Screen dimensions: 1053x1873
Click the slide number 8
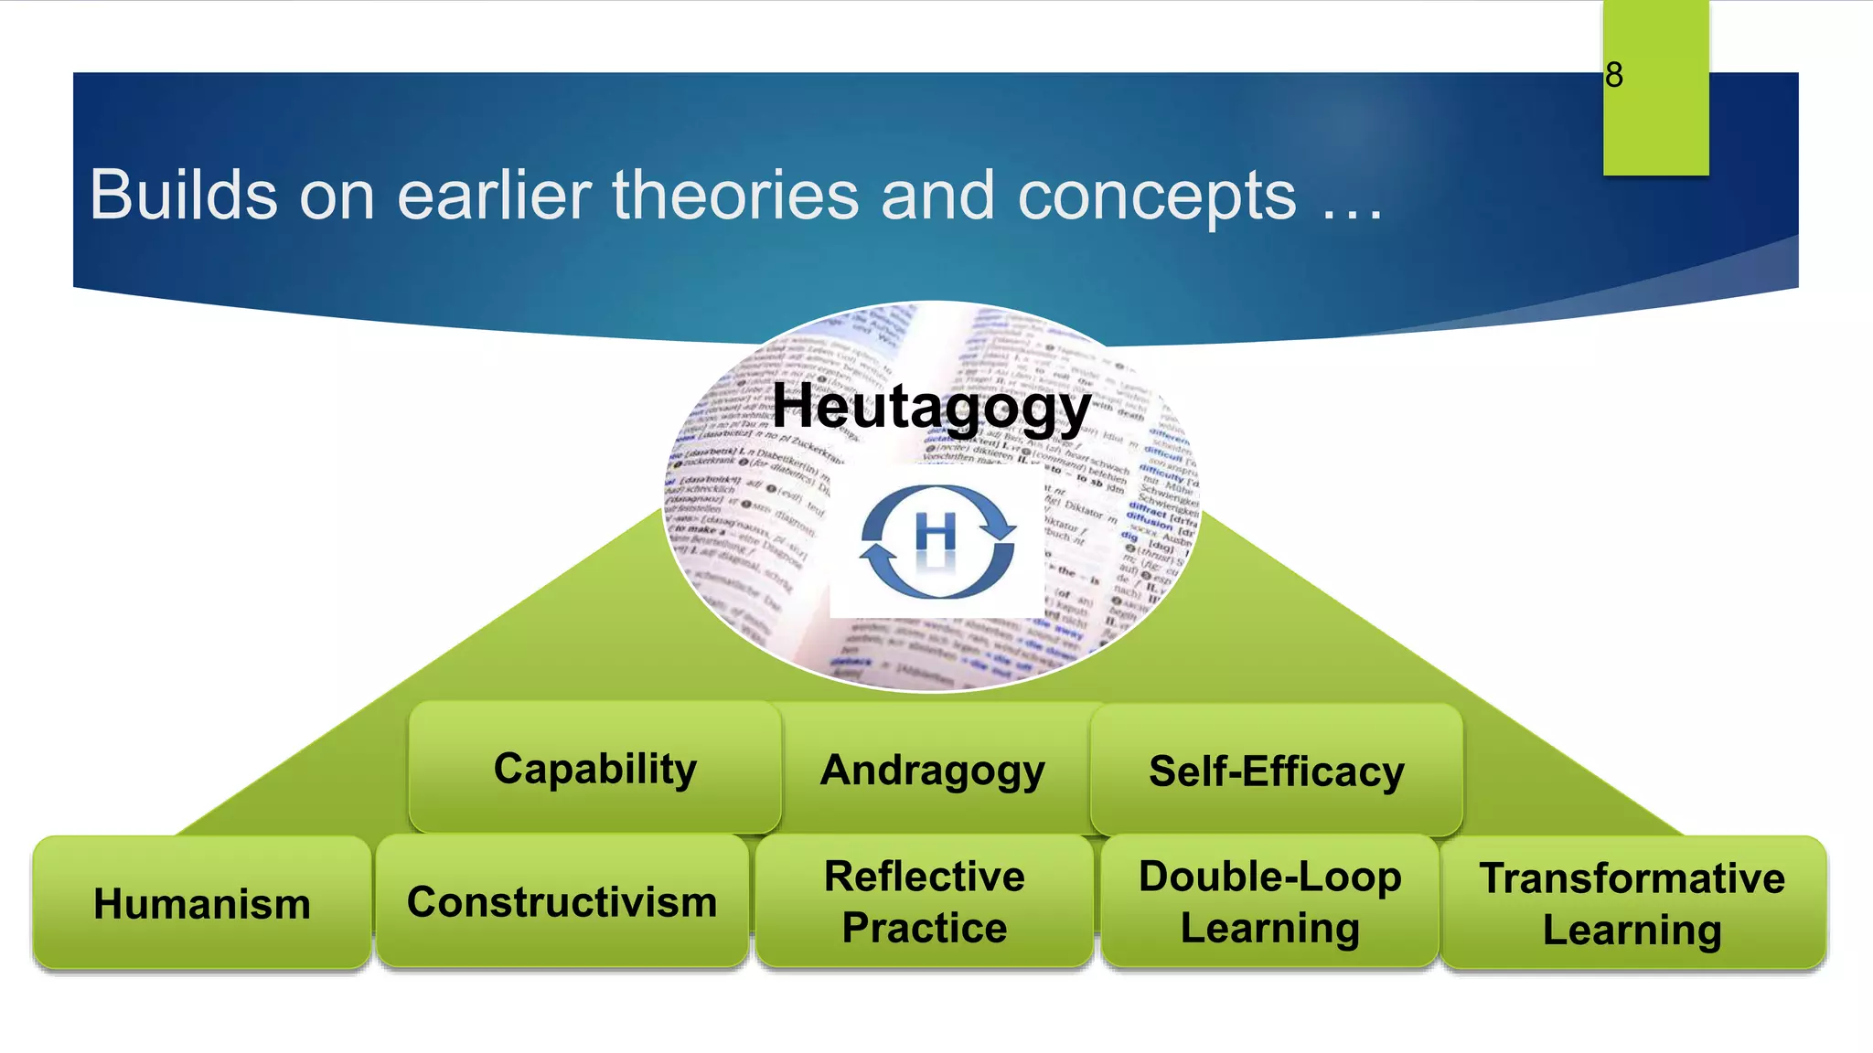[1614, 75]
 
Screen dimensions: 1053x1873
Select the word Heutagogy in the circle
[931, 406]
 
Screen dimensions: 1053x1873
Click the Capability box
[594, 768]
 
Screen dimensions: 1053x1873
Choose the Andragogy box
[932, 770]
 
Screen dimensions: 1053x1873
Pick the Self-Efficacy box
[1276, 771]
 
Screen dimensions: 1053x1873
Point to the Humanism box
[202, 903]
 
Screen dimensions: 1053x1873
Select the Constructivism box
[562, 901]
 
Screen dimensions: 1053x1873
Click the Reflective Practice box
[924, 901]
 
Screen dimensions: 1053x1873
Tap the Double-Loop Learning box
[1269, 901]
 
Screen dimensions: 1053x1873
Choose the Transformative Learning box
[1632, 903]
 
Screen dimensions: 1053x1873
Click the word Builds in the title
[183, 195]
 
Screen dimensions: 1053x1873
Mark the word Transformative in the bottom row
[1632, 878]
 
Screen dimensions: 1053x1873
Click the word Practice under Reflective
[925, 928]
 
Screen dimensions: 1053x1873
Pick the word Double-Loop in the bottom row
[1269, 877]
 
